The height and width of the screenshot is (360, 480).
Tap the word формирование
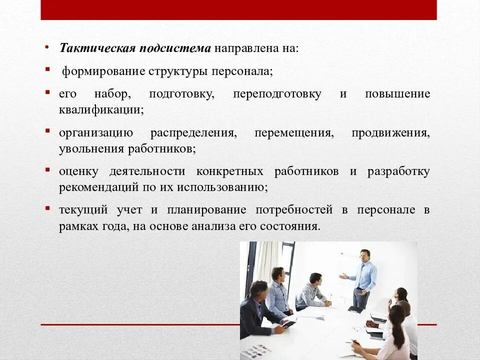[103, 71]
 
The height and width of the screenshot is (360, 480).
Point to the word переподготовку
[277, 94]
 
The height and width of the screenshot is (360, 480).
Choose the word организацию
[95, 133]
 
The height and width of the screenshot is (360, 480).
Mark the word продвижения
[390, 133]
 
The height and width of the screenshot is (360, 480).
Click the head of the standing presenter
[365, 254]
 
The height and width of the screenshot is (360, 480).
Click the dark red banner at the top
[238, 9]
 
